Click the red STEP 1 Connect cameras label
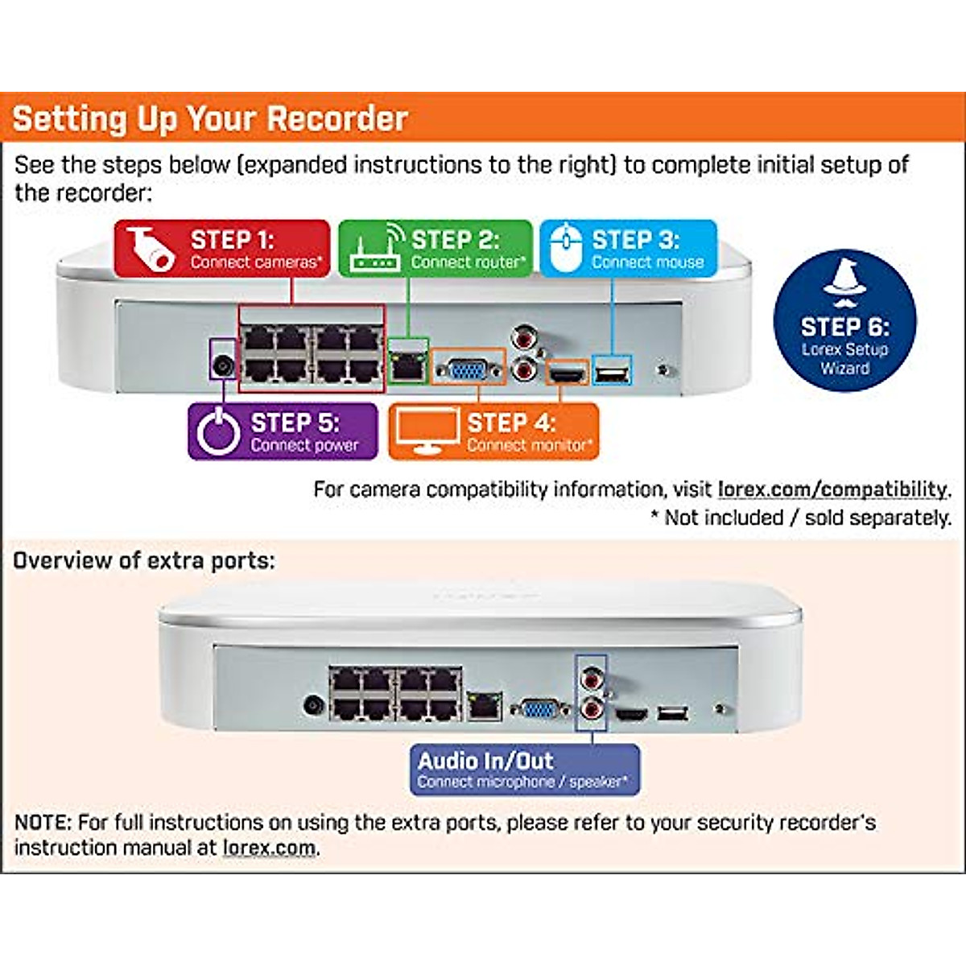pos(222,249)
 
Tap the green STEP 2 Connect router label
pos(435,249)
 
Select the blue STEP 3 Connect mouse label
pos(628,249)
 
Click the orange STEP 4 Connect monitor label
pos(493,432)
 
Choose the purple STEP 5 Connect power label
pos(283,432)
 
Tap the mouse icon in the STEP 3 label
pos(566,248)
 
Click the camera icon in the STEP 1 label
pos(151,248)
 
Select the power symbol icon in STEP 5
pos(218,432)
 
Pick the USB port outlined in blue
pos(612,372)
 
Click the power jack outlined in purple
pos(222,366)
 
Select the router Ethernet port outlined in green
pos(408,366)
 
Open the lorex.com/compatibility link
pos(832,489)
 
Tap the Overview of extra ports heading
pos(144,560)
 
